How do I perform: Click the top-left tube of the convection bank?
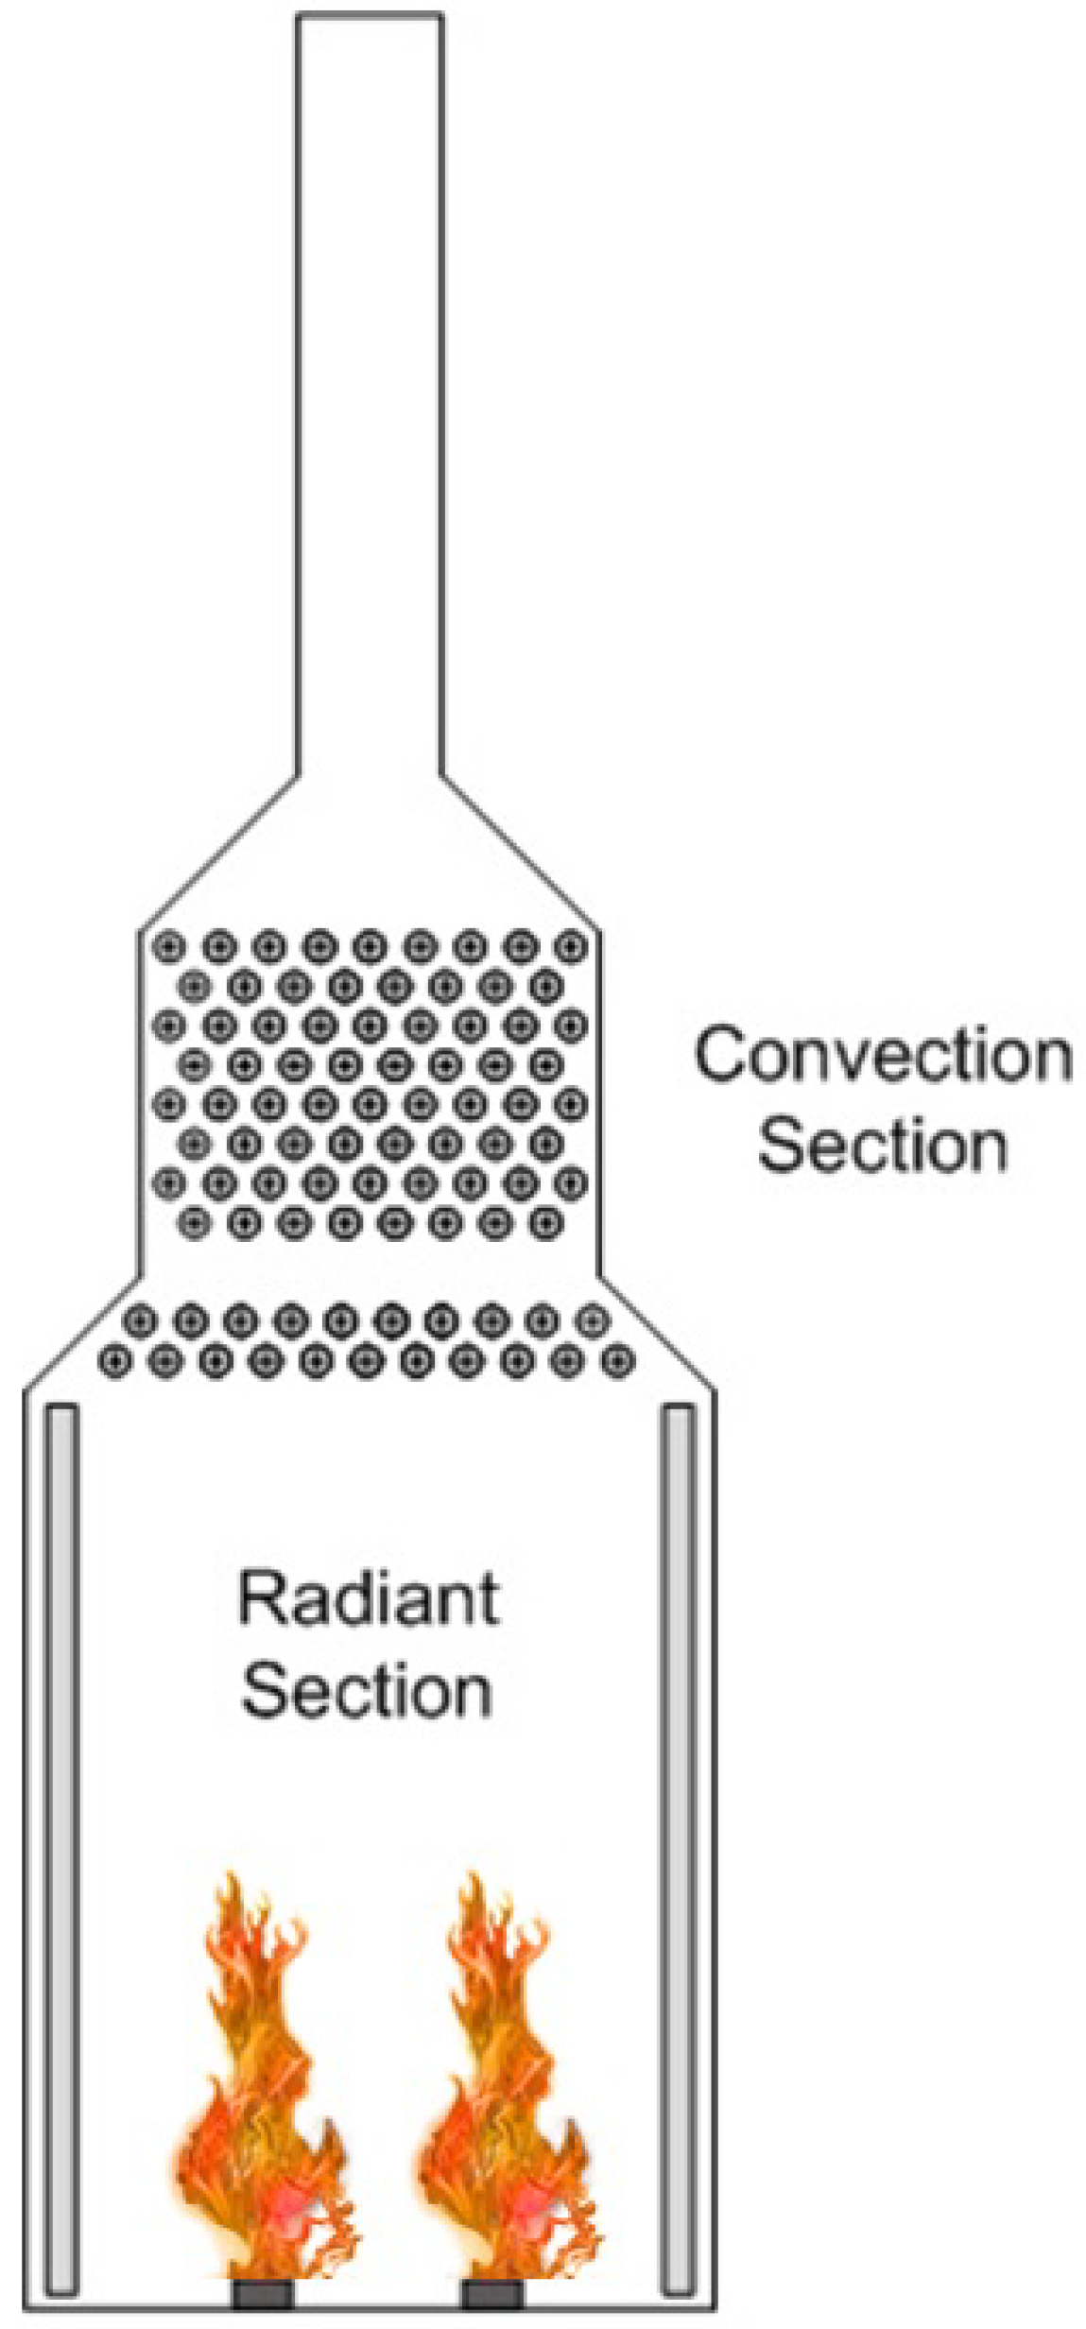point(169,945)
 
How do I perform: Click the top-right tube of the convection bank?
point(570,945)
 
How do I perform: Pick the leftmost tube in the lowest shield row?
point(115,1362)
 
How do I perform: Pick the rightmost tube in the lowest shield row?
point(618,1362)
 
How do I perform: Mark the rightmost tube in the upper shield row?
point(592,1319)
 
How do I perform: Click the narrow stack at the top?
point(369,378)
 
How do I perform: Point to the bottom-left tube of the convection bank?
point(194,1223)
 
